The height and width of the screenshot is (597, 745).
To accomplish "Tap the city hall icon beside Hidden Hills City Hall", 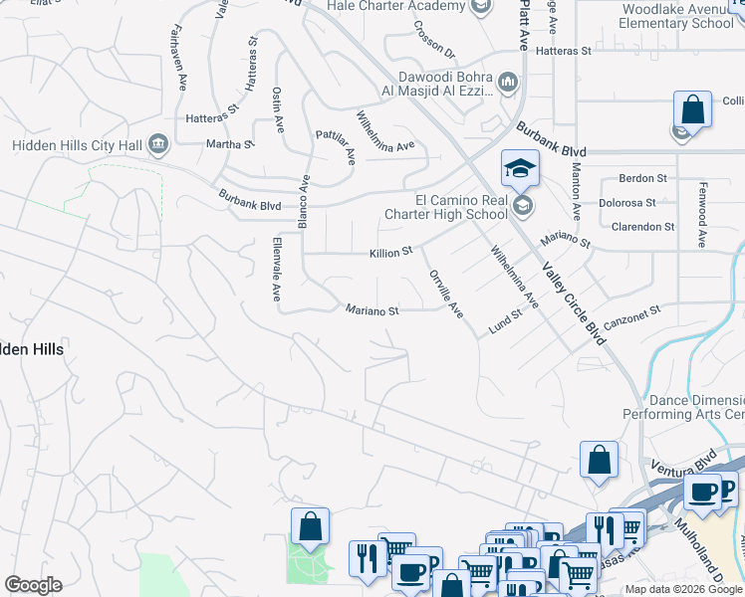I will [157, 145].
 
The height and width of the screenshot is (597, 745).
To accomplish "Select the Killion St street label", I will [390, 254].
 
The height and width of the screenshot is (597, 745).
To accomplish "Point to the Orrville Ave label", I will [445, 294].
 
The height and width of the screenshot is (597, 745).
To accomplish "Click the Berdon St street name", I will [642, 178].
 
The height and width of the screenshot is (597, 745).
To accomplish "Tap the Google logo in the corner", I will [34, 585].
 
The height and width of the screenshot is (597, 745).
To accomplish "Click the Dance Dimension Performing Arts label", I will [684, 407].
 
